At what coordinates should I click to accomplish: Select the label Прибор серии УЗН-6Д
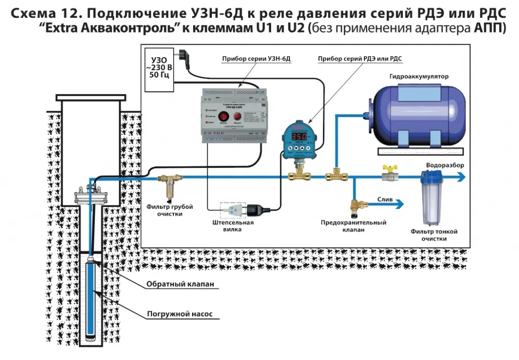click(256, 59)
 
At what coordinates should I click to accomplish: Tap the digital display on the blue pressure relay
click(300, 137)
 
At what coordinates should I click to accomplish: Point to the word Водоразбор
click(444, 165)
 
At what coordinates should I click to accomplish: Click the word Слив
click(385, 200)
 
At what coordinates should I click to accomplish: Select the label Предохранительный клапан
click(354, 226)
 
